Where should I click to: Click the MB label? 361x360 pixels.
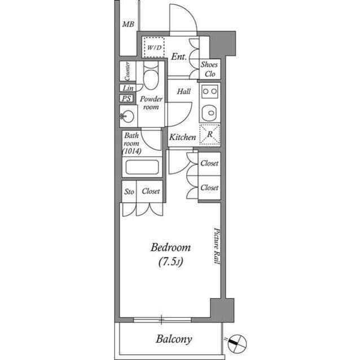[x=128, y=24]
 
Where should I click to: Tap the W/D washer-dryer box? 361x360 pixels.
[x=153, y=48]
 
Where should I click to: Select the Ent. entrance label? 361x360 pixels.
[x=179, y=56]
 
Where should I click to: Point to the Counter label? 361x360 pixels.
[x=127, y=71]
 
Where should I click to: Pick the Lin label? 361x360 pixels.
[x=127, y=88]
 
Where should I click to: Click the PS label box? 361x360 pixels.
[x=126, y=99]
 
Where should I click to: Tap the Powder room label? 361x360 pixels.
[x=151, y=103]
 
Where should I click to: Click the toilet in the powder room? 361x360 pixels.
[x=151, y=76]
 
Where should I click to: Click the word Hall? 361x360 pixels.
[x=184, y=91]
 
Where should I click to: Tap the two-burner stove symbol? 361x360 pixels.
[x=210, y=91]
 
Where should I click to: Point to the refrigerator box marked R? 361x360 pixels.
[x=209, y=135]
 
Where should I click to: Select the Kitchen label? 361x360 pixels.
[x=183, y=137]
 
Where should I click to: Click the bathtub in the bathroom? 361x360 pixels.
[x=142, y=167]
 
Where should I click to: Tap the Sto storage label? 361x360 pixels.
[x=129, y=192]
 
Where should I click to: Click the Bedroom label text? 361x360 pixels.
[x=170, y=247]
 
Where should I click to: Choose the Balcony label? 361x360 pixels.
[x=174, y=339]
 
